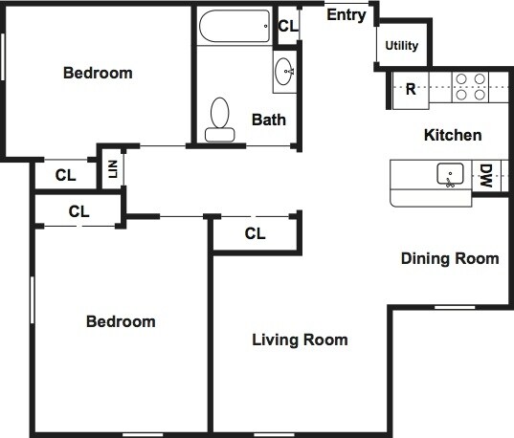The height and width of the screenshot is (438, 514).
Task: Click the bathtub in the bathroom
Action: click(x=235, y=26)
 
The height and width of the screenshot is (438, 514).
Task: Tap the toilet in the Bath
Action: click(x=219, y=120)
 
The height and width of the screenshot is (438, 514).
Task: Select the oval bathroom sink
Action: click(x=284, y=72)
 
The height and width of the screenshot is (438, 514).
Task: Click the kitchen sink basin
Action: click(x=450, y=174)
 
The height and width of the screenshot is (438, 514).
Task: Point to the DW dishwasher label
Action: click(x=486, y=176)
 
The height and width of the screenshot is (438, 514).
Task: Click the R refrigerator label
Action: click(x=411, y=89)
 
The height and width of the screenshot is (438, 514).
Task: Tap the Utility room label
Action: click(x=402, y=46)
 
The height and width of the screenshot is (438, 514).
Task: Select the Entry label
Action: click(x=346, y=15)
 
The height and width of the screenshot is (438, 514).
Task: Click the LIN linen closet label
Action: click(x=113, y=169)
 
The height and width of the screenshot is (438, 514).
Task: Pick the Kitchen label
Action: click(x=453, y=135)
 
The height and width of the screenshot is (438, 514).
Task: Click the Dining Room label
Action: click(x=450, y=258)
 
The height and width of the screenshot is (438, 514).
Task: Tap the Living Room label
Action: click(x=300, y=339)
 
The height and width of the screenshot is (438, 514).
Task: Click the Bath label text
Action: click(x=269, y=120)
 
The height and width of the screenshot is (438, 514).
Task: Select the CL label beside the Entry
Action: click(x=288, y=26)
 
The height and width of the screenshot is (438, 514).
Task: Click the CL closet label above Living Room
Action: click(x=255, y=233)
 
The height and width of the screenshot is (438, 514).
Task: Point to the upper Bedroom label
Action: click(x=98, y=73)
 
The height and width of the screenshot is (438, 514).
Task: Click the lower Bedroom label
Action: click(x=121, y=321)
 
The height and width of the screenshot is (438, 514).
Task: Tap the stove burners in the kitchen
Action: click(x=470, y=87)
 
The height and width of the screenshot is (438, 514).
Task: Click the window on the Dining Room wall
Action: click(x=455, y=307)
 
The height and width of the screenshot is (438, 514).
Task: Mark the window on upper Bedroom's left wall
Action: click(x=3, y=56)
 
